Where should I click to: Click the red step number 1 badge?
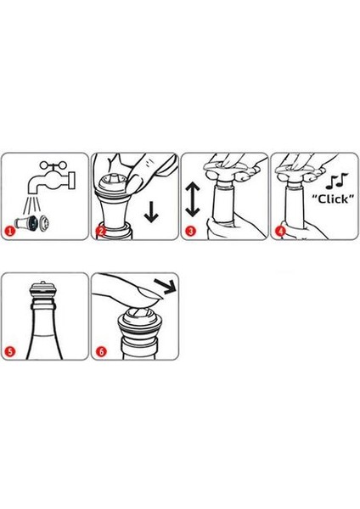[10, 232]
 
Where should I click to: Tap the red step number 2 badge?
[101, 232]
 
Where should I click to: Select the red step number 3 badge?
[190, 232]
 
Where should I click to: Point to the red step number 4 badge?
[280, 232]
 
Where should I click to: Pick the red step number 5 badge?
[10, 351]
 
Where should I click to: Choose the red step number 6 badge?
[101, 351]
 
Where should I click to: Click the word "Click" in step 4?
[333, 199]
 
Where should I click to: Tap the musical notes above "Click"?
[336, 182]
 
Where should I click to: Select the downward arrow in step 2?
[151, 211]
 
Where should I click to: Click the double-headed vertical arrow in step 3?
[193, 199]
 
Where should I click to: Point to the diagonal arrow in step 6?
[165, 285]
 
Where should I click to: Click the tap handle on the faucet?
[53, 165]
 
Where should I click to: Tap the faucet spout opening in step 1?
[33, 193]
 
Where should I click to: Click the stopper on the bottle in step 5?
[42, 290]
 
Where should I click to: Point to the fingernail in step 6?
[150, 294]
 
